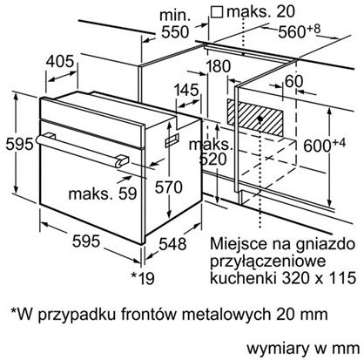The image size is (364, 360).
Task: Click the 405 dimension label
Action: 60,62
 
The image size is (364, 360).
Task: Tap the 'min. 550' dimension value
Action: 175,24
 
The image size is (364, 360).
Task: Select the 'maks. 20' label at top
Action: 260,11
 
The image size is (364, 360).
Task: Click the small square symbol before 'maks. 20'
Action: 217,12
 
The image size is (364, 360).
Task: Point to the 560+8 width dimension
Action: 300,31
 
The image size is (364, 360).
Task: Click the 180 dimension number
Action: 218,66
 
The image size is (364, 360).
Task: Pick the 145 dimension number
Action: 186,90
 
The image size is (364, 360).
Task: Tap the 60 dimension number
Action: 293,81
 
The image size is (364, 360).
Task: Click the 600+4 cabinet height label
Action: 325,145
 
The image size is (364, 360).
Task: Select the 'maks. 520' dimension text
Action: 212,152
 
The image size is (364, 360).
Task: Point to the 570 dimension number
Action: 168,187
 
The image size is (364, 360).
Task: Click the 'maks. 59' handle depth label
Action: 103,194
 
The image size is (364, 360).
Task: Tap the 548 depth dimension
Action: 172,244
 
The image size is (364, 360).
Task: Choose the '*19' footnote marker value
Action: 143,278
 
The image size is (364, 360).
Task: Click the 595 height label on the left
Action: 19,144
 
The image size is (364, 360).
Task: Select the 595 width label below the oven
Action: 86,241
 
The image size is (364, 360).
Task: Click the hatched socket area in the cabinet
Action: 255,119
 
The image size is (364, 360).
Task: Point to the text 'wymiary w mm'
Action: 303,348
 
